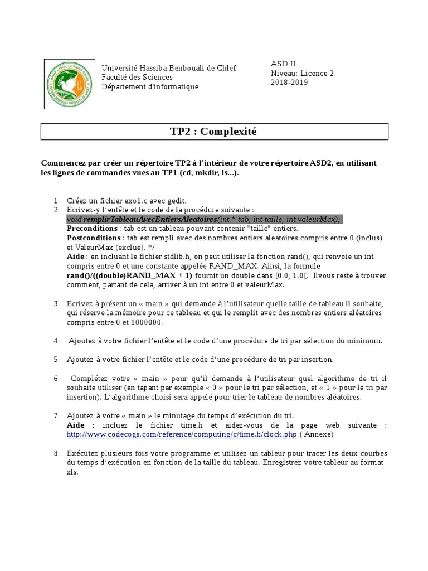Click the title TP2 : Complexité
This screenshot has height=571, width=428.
point(213,132)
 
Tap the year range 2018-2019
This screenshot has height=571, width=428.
point(289,83)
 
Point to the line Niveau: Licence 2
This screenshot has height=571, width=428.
point(301,73)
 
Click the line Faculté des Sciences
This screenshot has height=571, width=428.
point(137,77)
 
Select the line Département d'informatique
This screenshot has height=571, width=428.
point(149,86)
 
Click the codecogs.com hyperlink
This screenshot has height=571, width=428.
point(182,434)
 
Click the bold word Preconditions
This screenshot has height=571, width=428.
point(92,229)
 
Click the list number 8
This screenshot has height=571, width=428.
point(56,453)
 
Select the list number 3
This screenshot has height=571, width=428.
point(56,303)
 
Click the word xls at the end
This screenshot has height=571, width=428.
point(72,472)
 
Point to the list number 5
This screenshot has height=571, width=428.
point(56,359)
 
